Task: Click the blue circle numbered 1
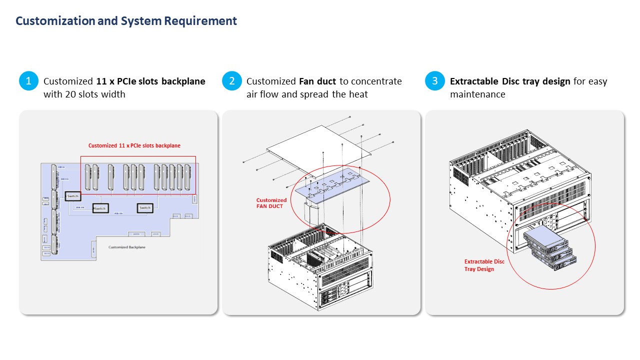tap(28, 81)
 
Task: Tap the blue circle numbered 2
tap(231, 81)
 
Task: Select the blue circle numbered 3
tap(434, 81)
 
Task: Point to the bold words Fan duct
tap(317, 81)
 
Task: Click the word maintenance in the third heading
tap(477, 94)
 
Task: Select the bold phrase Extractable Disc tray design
tap(510, 81)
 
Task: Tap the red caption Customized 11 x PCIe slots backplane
tap(134, 145)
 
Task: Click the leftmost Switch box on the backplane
tap(72, 196)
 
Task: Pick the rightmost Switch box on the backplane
tap(144, 207)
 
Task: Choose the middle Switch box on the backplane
tap(100, 208)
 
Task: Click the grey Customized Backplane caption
tap(127, 247)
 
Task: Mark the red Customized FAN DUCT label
tap(271, 203)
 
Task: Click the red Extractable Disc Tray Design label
tap(484, 265)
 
